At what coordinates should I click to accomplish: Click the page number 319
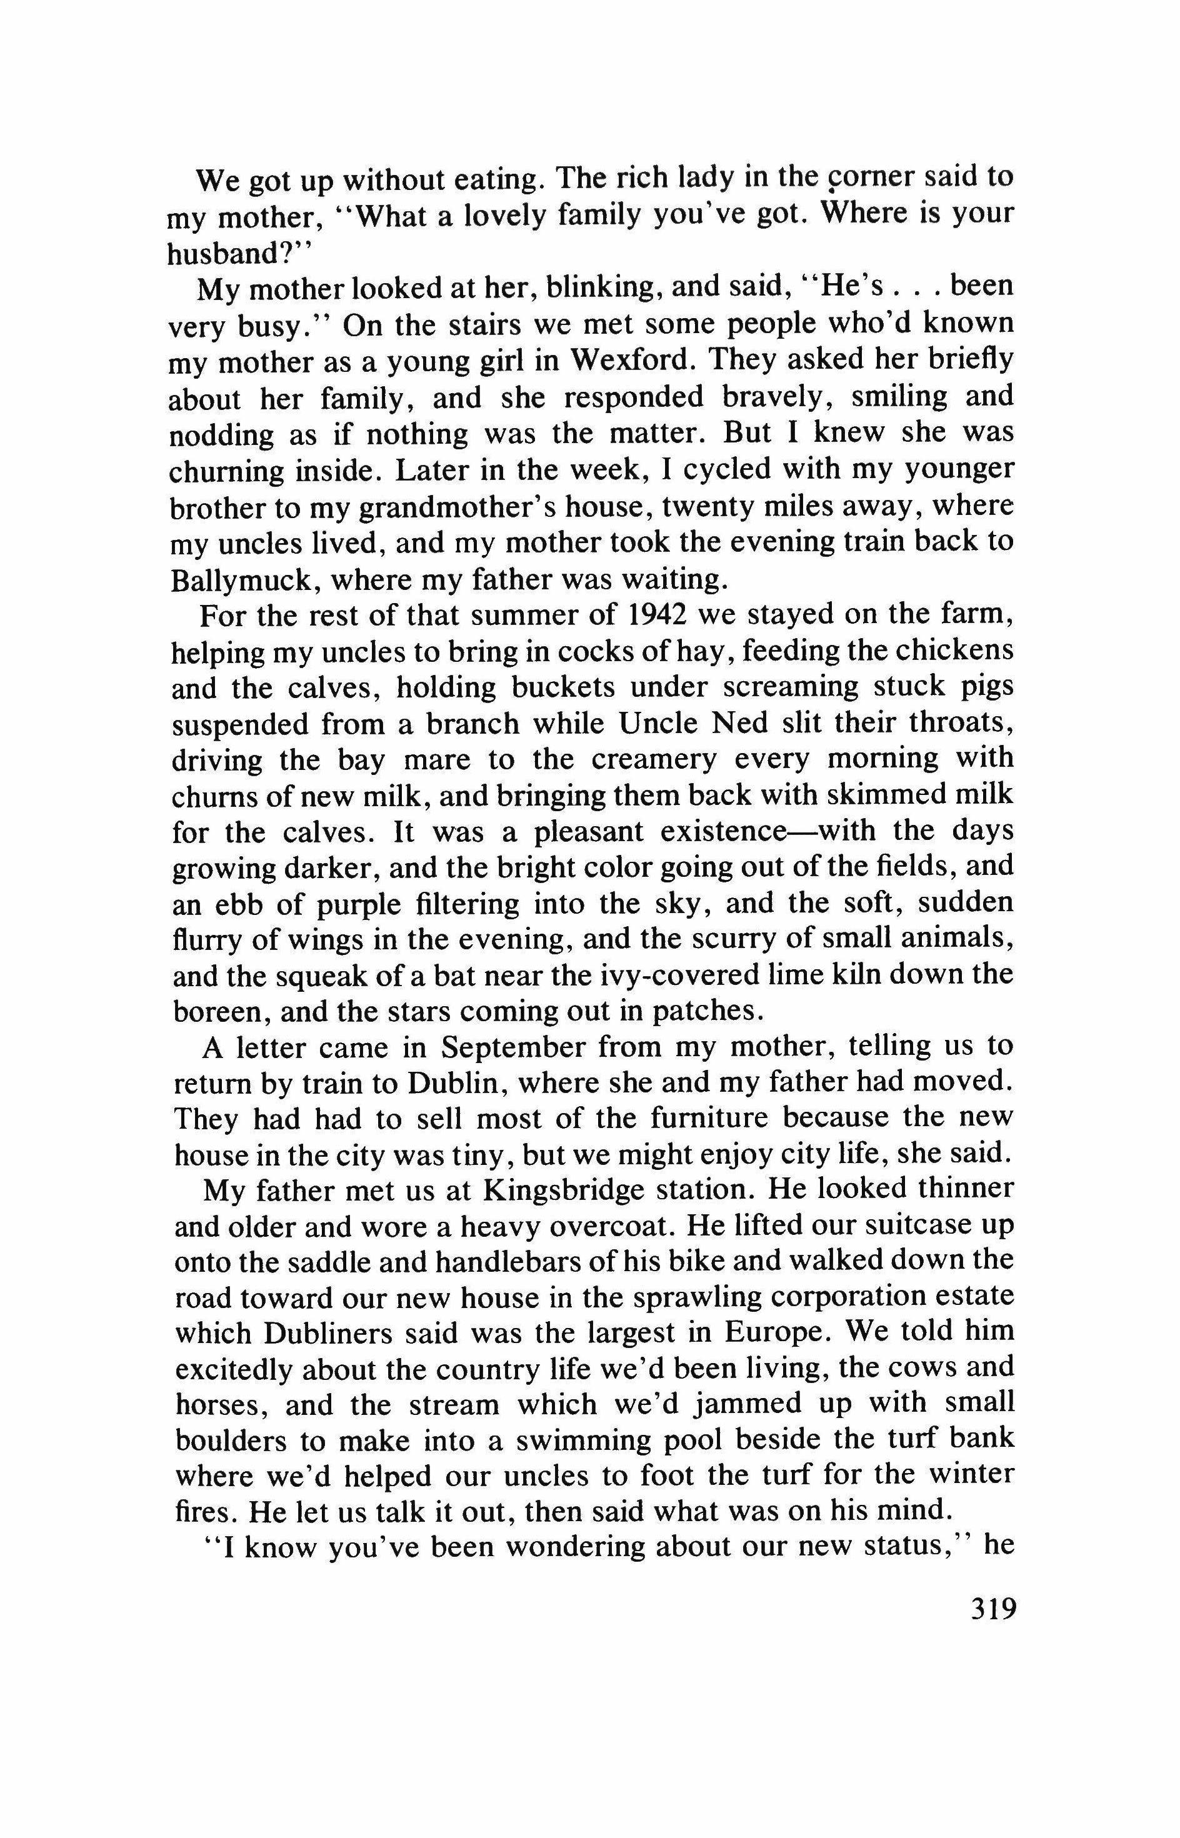point(992,1607)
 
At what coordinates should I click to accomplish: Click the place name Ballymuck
point(244,580)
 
